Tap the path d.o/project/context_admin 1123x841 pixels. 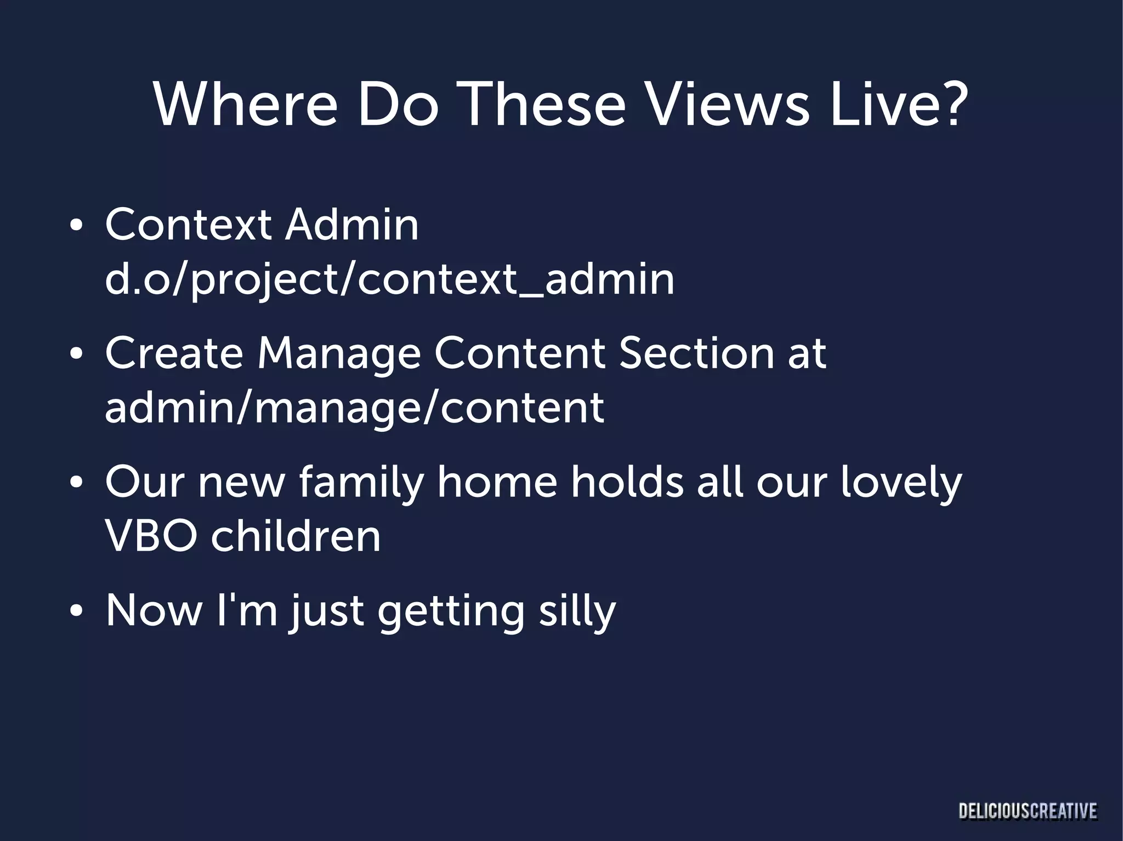pyautogui.click(x=389, y=279)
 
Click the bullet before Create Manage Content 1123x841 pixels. pyautogui.click(x=77, y=354)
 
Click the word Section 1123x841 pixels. pyautogui.click(x=696, y=353)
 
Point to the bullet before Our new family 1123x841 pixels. pyautogui.click(x=77, y=483)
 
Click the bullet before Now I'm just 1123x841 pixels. pyautogui.click(x=77, y=611)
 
